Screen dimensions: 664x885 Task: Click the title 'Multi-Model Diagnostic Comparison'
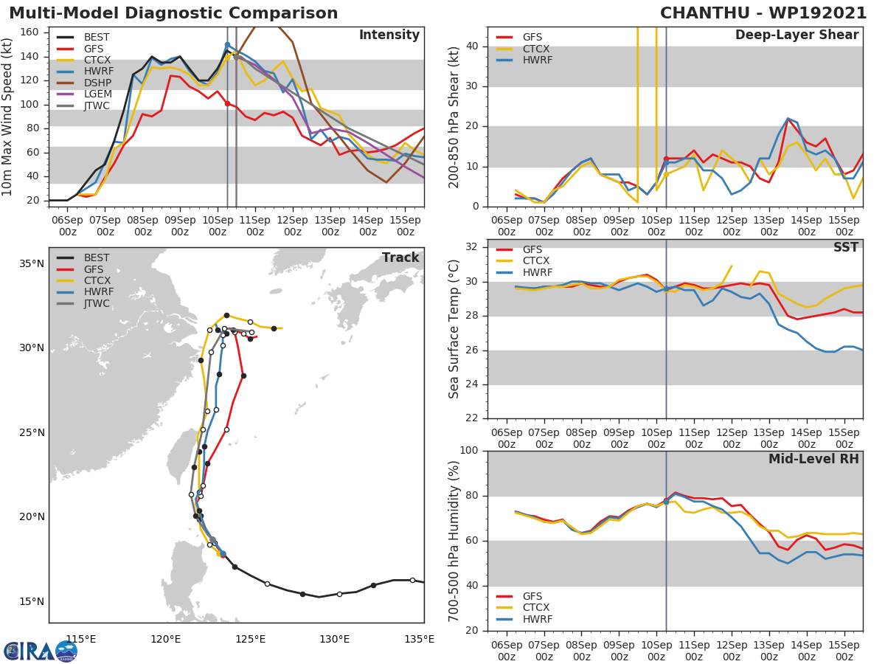(173, 13)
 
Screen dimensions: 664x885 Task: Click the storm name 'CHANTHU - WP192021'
(763, 13)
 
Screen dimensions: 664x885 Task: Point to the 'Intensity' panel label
(389, 35)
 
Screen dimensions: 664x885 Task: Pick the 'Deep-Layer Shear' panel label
(796, 35)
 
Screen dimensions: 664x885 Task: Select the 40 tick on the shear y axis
(473, 46)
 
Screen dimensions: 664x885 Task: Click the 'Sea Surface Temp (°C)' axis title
(454, 329)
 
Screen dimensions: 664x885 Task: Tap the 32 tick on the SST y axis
(473, 247)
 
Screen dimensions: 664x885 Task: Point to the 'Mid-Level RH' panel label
(813, 460)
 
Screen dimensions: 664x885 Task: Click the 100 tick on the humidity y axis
(470, 451)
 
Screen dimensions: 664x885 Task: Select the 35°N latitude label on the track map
(31, 263)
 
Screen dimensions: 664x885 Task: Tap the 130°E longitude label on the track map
(335, 639)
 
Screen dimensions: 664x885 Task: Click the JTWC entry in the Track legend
(97, 304)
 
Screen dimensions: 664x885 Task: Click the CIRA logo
(40, 651)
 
